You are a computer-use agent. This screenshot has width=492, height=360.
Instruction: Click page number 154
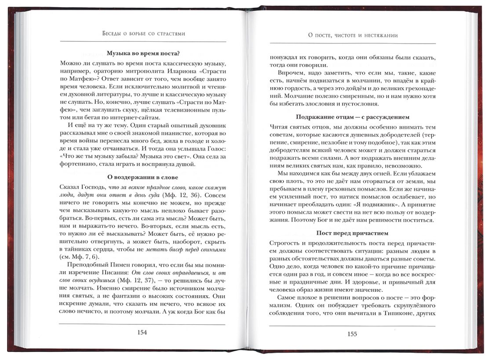pyautogui.click(x=142, y=333)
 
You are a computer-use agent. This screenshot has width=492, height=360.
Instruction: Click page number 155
pyautogui.click(x=352, y=334)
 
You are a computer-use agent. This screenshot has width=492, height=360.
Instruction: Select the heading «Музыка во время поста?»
pyautogui.click(x=142, y=54)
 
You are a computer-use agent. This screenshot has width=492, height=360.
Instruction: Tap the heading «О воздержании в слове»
pyautogui.click(x=142, y=177)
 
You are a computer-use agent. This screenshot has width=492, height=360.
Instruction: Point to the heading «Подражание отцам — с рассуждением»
pyautogui.click(x=353, y=117)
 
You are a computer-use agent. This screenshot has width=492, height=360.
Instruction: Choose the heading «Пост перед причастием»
pyautogui.click(x=353, y=233)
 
